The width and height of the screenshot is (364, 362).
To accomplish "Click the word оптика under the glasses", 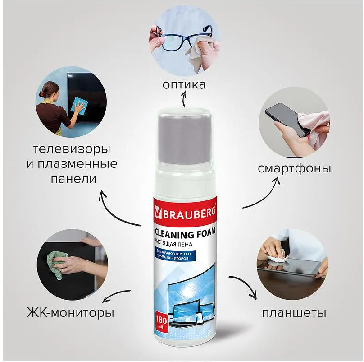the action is click(184, 85).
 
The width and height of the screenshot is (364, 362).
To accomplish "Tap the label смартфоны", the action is click(294, 168).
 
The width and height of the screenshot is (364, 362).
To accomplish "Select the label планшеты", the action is click(294, 313).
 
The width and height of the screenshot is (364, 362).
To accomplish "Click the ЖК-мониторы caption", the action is click(71, 313).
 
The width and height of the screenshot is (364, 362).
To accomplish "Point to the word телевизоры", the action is click(72, 149).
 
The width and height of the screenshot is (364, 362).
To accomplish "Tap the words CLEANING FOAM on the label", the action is click(185, 234).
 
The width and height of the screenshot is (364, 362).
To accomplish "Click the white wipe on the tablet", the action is click(277, 258).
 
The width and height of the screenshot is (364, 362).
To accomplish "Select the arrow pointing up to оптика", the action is click(184, 98).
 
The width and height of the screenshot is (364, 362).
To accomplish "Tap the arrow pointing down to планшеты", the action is click(246, 284).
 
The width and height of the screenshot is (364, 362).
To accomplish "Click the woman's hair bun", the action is click(41, 94).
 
